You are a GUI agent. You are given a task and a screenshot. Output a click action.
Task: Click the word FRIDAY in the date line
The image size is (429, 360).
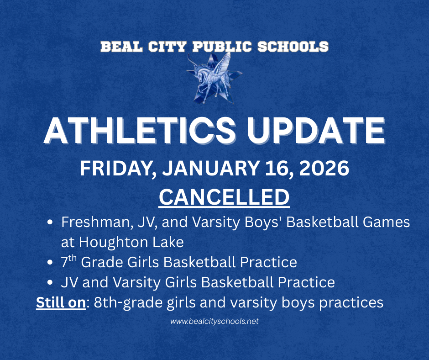pyautogui.click(x=116, y=169)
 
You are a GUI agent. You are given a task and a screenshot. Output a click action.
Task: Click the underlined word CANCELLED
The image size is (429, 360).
pyautogui.click(x=224, y=197)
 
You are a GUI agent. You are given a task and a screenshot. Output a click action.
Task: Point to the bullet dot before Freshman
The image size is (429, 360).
pyautogui.click(x=51, y=223)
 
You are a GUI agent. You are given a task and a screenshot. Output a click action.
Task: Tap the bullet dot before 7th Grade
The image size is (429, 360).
pyautogui.click(x=51, y=263)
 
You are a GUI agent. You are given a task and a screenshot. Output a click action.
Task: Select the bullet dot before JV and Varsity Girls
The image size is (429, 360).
pyautogui.click(x=51, y=282)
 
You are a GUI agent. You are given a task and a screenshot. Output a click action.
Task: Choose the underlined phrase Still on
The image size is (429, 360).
pyautogui.click(x=61, y=302)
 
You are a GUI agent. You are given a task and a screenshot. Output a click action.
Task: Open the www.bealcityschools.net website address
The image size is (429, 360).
pyautogui.click(x=214, y=321)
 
